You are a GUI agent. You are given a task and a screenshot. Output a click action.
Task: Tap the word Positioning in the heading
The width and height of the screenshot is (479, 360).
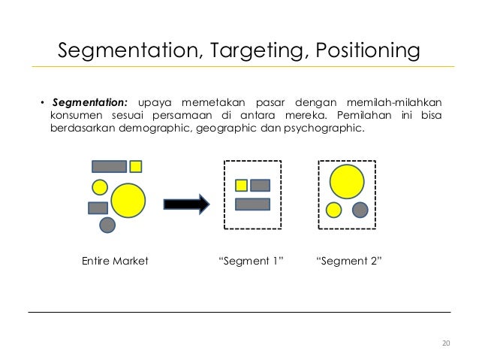358,51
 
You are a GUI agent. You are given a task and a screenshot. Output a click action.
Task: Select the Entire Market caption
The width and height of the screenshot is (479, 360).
114,261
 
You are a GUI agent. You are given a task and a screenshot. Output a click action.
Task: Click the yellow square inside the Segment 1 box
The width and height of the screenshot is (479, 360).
242,185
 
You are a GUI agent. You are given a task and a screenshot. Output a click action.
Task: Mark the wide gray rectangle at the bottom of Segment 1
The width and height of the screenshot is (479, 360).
252,204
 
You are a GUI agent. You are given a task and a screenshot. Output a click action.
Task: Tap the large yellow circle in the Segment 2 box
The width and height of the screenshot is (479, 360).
346,182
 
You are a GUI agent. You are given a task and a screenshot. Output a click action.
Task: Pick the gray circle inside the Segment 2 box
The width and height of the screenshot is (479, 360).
360,210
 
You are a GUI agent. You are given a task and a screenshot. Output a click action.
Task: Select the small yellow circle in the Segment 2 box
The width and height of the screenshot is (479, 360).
334,210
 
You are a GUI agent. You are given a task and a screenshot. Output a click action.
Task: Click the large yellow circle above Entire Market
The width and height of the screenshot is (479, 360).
128,200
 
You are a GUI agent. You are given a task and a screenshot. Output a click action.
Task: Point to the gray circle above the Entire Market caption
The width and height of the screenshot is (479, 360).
107,224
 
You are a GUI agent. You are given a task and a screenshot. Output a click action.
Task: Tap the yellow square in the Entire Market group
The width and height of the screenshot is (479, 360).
136,166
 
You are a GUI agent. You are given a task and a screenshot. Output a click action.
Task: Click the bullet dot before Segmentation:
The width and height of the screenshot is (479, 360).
43,103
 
